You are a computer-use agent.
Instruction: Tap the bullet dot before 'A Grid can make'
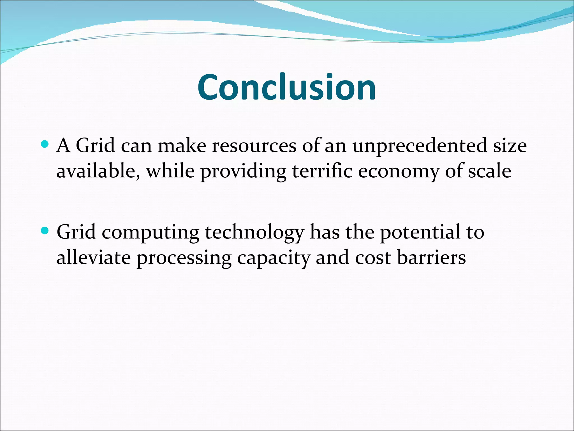coord(45,145)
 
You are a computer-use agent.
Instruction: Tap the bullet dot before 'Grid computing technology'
coord(45,231)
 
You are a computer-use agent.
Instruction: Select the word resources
coord(254,146)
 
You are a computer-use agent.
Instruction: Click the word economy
coord(398,172)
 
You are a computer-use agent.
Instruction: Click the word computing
coord(150,233)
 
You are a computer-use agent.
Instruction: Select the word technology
coord(254,233)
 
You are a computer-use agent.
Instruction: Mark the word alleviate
coord(93,257)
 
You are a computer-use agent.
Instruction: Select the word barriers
coord(431,257)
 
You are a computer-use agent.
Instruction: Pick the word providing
coord(243,172)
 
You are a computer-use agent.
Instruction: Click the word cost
coord(372,257)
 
